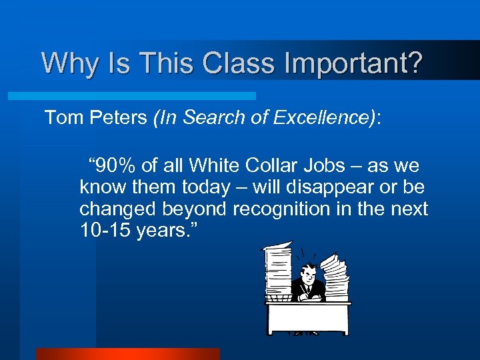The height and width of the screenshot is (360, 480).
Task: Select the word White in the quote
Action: pos(213,166)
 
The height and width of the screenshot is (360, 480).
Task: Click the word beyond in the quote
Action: pos(197,209)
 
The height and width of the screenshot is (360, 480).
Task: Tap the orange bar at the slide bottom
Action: pos(127,353)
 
